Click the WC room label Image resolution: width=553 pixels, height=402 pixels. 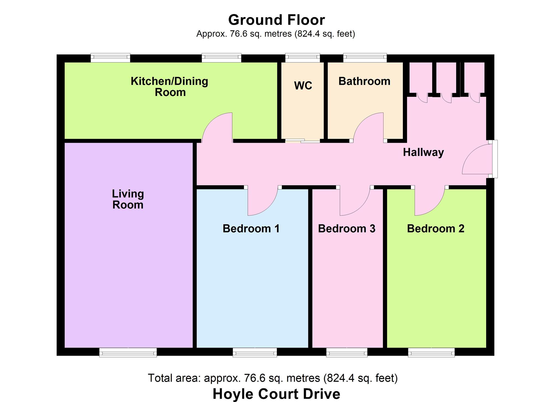[x=303, y=86]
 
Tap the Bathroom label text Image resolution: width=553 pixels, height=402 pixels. [x=364, y=81]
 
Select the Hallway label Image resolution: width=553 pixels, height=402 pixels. [x=423, y=152]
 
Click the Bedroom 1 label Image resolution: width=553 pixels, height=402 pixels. [x=251, y=229]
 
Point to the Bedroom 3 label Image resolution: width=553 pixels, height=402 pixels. [x=346, y=229]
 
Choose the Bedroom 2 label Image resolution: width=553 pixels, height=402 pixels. [x=435, y=229]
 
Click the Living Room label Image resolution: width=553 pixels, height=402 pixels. [x=128, y=199]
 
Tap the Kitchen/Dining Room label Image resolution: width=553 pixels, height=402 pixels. [x=169, y=87]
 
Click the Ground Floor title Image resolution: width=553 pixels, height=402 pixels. [x=276, y=20]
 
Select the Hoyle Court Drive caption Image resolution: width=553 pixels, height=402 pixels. [x=276, y=394]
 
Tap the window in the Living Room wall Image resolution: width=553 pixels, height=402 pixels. [x=128, y=353]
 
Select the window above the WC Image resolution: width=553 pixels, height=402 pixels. [x=302, y=58]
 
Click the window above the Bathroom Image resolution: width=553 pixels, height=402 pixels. [x=365, y=58]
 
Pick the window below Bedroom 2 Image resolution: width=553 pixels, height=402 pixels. [x=431, y=353]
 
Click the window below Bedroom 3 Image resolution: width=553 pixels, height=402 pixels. [x=347, y=353]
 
